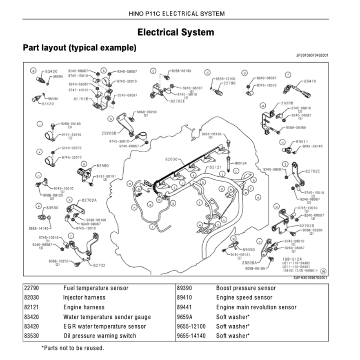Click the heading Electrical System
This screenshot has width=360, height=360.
(x=176, y=32)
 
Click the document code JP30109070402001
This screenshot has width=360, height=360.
(x=312, y=56)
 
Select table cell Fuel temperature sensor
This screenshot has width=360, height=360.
(x=96, y=288)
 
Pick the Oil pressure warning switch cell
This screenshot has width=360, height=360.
(x=100, y=336)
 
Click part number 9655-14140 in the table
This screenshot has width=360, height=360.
(x=191, y=336)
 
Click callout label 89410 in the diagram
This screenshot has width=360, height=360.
(x=310, y=81)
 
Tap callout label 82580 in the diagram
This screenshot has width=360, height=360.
(x=102, y=166)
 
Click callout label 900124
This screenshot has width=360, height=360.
(x=241, y=163)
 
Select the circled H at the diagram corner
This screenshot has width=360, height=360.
(x=323, y=271)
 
